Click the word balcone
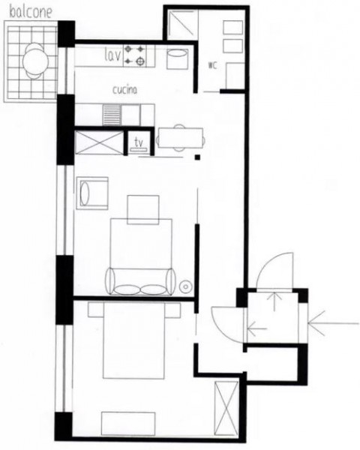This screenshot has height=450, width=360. [x=31, y=12]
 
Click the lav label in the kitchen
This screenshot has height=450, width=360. [x=112, y=55]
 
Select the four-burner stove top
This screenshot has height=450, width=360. [x=135, y=55]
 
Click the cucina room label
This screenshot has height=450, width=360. [x=124, y=90]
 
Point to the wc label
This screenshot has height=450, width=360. [x=212, y=65]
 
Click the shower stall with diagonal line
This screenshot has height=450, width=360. [x=182, y=24]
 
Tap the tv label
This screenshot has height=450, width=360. [x=139, y=142]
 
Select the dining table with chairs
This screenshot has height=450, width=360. [x=181, y=138]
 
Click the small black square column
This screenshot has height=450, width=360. [x=197, y=157]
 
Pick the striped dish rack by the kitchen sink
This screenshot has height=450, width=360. [x=112, y=115]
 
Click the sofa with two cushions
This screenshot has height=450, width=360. [x=141, y=281]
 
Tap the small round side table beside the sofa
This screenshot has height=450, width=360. [x=185, y=286]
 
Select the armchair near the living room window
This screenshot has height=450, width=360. [x=92, y=193]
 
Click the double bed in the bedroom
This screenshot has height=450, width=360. [x=134, y=340]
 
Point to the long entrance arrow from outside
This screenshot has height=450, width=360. [x=333, y=323]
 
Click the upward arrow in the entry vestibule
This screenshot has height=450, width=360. [x=274, y=301]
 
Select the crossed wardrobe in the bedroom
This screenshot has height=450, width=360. [x=226, y=409]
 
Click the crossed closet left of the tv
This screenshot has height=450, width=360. [x=99, y=142]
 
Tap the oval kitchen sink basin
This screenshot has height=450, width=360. [x=178, y=53]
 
